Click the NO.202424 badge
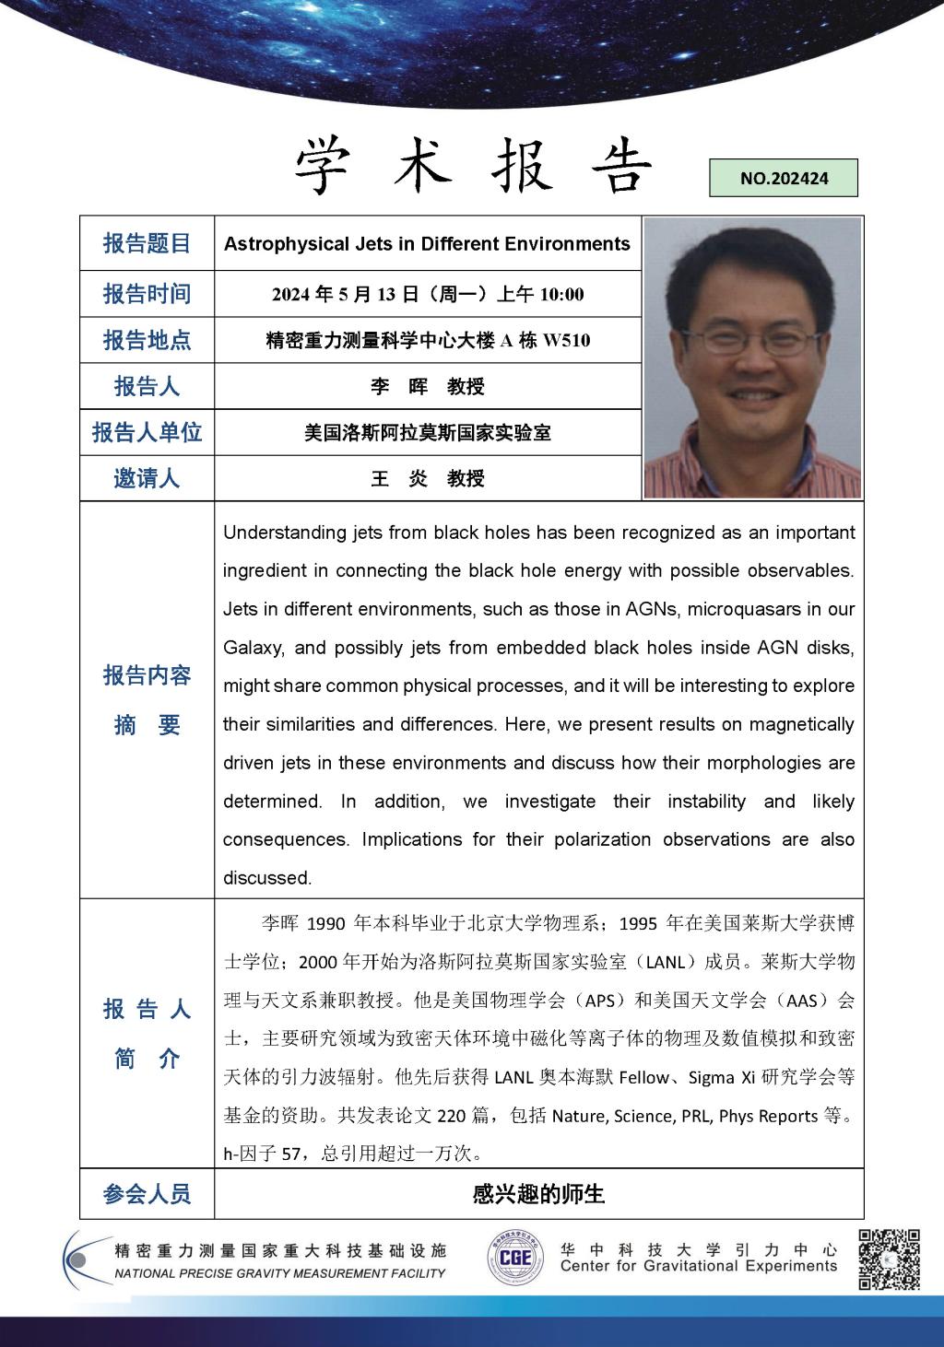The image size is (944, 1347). pyautogui.click(x=784, y=179)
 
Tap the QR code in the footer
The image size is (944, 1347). pyautogui.click(x=890, y=1259)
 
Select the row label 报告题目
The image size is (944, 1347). pyautogui.click(x=147, y=243)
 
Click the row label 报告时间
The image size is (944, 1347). pyautogui.click(x=147, y=294)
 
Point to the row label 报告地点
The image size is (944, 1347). pyautogui.click(x=147, y=340)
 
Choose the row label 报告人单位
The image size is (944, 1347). pyautogui.click(x=147, y=432)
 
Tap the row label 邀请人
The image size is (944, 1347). pyautogui.click(x=147, y=478)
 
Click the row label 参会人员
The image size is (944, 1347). pyautogui.click(x=147, y=1194)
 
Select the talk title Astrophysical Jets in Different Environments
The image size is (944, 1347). pyautogui.click(x=427, y=244)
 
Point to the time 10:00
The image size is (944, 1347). pyautogui.click(x=561, y=295)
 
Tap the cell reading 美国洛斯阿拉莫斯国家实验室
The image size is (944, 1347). pyautogui.click(x=427, y=432)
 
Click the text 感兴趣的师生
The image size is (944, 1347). pyautogui.click(x=538, y=1194)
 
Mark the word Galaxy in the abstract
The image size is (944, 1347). pyautogui.click(x=253, y=648)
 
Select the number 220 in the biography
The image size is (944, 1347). pyautogui.click(x=451, y=1116)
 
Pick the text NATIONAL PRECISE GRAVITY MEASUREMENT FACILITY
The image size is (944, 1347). pyautogui.click(x=279, y=1273)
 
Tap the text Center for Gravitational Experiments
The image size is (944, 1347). pyautogui.click(x=698, y=1266)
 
